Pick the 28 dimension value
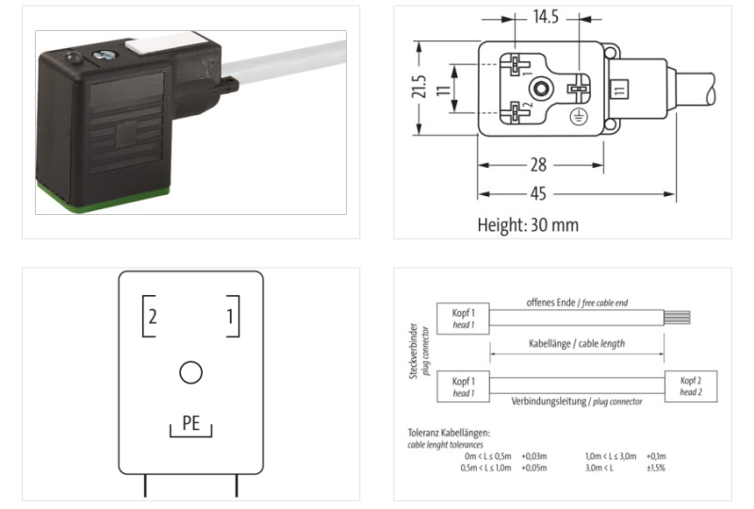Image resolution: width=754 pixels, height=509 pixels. [538, 165]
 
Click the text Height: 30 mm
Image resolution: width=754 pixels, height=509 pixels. [528, 225]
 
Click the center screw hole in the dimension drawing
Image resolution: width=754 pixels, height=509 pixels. [539, 91]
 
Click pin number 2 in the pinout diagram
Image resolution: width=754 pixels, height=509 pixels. [153, 317]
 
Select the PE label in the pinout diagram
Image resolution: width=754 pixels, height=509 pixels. [190, 423]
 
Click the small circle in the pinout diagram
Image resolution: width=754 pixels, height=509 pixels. [190, 373]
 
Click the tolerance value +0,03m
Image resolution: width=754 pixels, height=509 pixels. [534, 456]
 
